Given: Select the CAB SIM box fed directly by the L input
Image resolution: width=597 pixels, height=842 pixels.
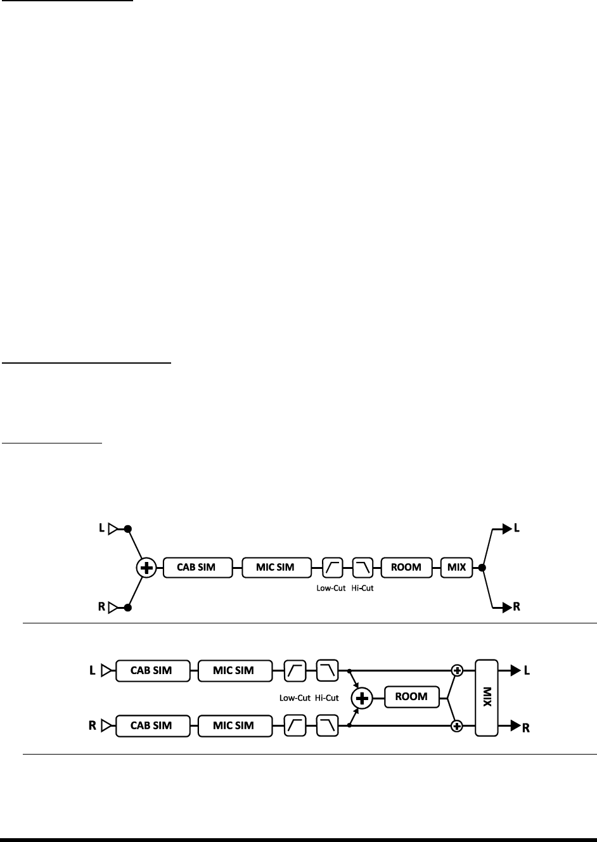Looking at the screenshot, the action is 152,670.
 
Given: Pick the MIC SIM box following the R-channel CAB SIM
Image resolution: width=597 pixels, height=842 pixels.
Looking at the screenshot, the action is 234,725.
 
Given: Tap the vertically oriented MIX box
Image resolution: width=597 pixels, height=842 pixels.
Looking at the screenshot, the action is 487,698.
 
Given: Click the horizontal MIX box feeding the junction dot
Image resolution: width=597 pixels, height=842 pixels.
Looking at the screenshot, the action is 456,567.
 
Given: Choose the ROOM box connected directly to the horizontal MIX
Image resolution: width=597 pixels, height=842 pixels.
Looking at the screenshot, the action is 406,567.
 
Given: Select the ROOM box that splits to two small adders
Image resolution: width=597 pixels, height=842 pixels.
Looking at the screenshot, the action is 411,697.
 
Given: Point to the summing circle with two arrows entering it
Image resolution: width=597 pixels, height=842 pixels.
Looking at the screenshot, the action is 363,698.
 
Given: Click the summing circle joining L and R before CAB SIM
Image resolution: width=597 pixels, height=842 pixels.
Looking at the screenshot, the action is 146,568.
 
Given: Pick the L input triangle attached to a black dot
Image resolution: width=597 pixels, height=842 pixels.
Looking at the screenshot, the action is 113,528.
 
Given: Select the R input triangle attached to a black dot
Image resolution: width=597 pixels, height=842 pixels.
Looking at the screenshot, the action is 113,608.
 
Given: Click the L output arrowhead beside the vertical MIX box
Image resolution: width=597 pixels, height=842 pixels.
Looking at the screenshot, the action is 506,670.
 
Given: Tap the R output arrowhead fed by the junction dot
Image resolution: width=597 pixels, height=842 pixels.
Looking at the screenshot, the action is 506,608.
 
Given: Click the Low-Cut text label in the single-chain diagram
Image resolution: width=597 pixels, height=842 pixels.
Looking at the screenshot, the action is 331,587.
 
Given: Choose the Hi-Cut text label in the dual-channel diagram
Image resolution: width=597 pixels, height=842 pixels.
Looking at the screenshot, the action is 327,698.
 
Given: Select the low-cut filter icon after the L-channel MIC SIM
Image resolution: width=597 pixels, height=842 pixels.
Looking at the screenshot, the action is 296,670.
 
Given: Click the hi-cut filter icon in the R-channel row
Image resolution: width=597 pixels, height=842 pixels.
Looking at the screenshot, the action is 328,725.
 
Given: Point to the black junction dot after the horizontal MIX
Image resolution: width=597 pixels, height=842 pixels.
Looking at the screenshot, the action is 482,568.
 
